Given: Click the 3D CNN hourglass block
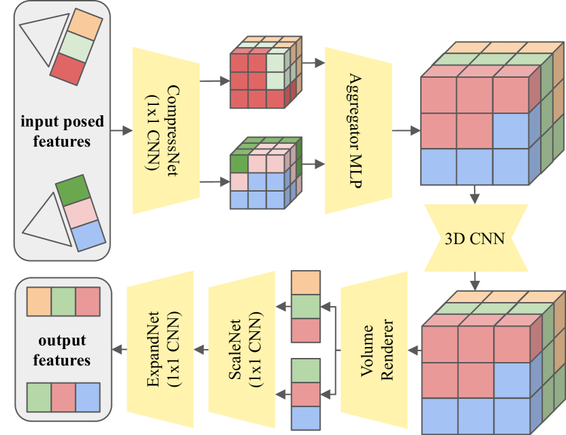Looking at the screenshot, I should click(474, 239).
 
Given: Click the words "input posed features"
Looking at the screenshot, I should click(63, 132).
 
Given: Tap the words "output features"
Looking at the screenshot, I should click(62, 350).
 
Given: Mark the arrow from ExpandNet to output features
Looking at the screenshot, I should click(119, 349).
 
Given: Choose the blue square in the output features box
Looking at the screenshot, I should click(87, 397).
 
